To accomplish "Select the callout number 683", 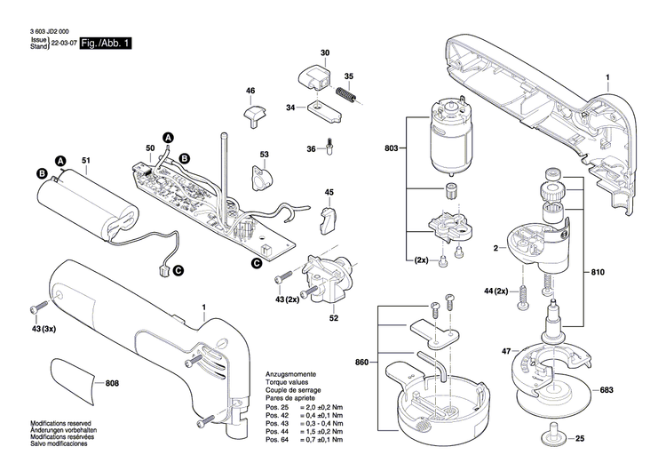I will [x=631, y=390].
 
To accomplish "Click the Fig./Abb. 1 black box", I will [x=105, y=44].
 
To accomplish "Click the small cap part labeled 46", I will [x=256, y=114].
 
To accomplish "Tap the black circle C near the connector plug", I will [x=178, y=270].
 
